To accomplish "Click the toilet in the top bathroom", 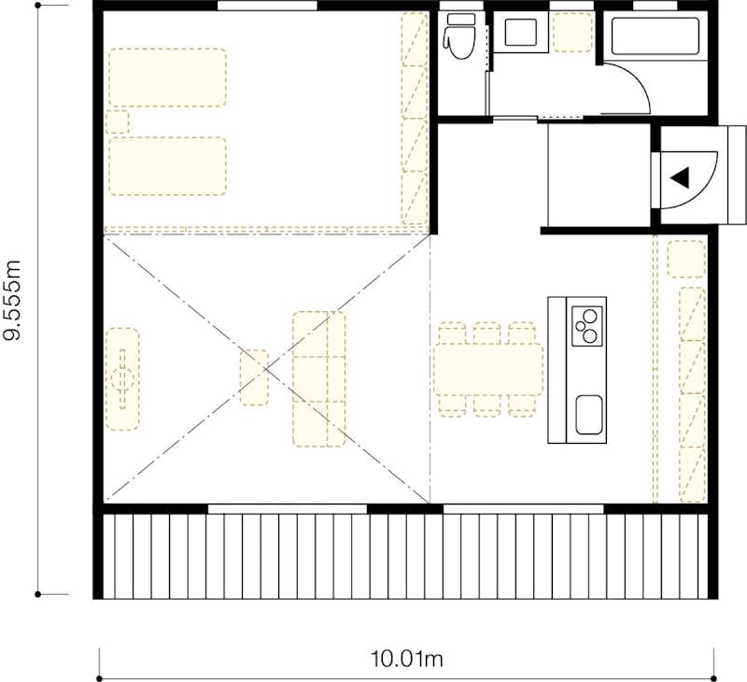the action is pyautogui.click(x=460, y=36).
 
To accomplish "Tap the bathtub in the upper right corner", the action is pyautogui.click(x=655, y=36).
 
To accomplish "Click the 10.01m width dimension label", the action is pyautogui.click(x=407, y=660).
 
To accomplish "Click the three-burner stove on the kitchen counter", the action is pyautogui.click(x=587, y=326).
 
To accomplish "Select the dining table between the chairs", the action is pyautogui.click(x=488, y=370).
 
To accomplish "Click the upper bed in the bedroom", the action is pyautogui.click(x=168, y=78).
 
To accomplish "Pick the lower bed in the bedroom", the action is pyautogui.click(x=168, y=166).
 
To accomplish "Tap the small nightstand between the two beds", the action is pyautogui.click(x=118, y=122).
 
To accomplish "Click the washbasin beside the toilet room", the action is pyautogui.click(x=520, y=32).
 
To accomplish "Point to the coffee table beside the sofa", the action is pyautogui.click(x=254, y=377).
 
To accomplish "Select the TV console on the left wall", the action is pyautogui.click(x=122, y=379).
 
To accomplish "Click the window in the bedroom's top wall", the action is pyautogui.click(x=267, y=6).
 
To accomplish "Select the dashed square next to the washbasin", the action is pyautogui.click(x=572, y=32).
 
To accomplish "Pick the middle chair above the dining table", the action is pyautogui.click(x=486, y=334).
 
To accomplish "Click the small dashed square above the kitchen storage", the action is pyautogui.click(x=686, y=259).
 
